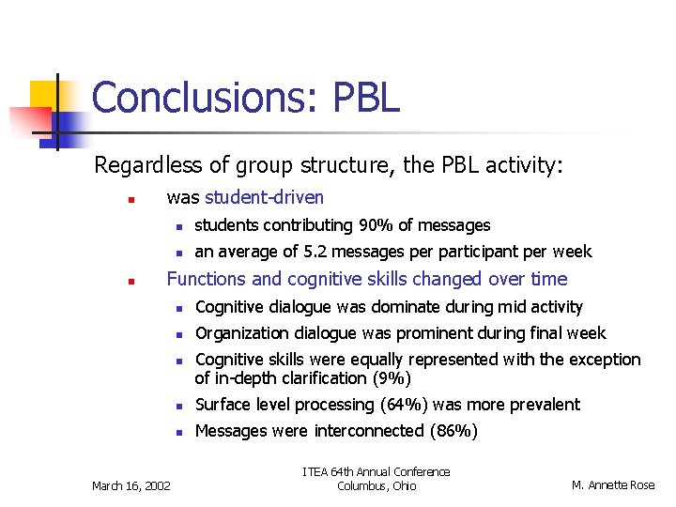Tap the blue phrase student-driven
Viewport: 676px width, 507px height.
264,197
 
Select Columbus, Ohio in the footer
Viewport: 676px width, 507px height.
376,485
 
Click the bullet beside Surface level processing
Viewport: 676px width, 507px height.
176,406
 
